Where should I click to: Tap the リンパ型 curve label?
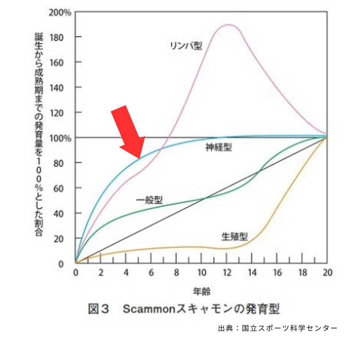point(186,46)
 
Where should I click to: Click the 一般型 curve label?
point(150,200)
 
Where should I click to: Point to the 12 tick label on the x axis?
point(226,273)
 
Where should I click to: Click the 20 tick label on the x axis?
point(327,273)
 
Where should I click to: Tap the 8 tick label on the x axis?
point(176,273)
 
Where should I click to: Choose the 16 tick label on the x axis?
point(277,273)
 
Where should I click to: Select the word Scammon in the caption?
point(149,309)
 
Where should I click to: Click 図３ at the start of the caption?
point(98,309)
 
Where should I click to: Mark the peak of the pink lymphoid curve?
point(228,24)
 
